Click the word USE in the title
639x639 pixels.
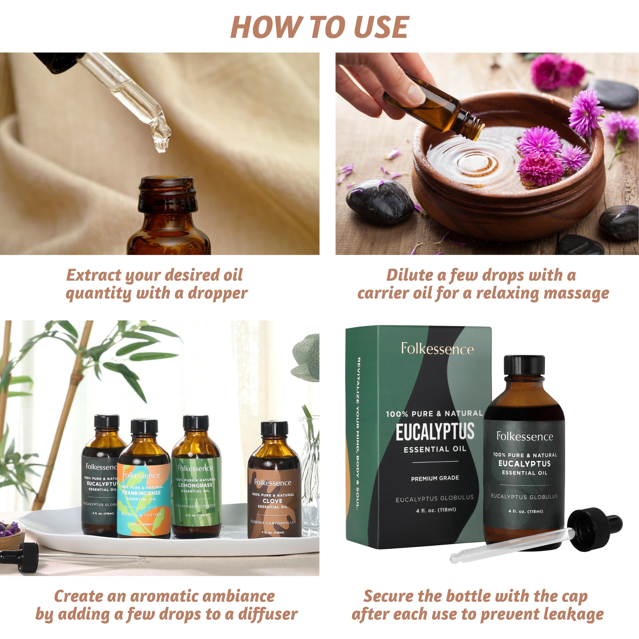tap(381, 27)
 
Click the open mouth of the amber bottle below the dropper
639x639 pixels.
tap(166, 181)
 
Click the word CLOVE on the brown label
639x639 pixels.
tap(272, 501)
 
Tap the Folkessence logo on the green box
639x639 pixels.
tap(437, 349)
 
